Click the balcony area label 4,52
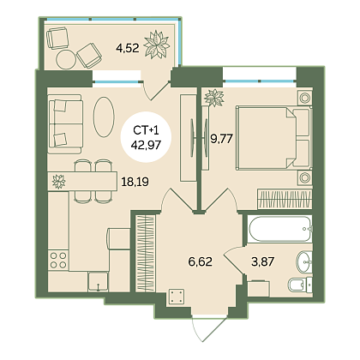[128, 48]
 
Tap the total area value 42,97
[146, 145]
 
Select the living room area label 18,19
[135, 182]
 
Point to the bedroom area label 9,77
[222, 139]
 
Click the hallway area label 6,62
[201, 261]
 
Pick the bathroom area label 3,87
[263, 261]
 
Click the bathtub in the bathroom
[279, 229]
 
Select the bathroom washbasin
[304, 261]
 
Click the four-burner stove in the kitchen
[58, 260]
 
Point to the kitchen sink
[98, 282]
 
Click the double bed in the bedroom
[273, 138]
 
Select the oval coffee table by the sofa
[104, 117]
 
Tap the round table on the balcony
[66, 59]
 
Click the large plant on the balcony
[157, 45]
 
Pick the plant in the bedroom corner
[213, 98]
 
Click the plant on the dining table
[58, 181]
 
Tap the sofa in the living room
[65, 123]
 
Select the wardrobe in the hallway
[145, 254]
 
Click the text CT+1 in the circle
[146, 130]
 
